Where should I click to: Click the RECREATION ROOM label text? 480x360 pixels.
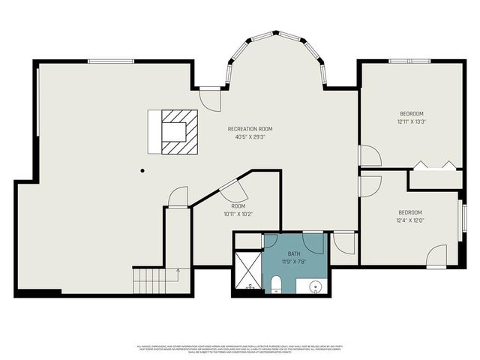pyautogui.click(x=250, y=129)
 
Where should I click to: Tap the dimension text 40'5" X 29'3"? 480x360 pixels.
pyautogui.click(x=250, y=137)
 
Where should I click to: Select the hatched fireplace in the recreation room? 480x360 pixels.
pyautogui.click(x=178, y=131)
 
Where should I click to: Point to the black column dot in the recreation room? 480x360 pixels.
pyautogui.click(x=142, y=170)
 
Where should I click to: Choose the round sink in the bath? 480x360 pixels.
pyautogui.click(x=314, y=286)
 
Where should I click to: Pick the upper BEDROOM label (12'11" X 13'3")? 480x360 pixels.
pyautogui.click(x=410, y=113)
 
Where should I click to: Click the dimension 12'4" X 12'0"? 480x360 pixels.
pyautogui.click(x=410, y=220)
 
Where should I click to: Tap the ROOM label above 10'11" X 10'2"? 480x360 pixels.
pyautogui.click(x=238, y=205)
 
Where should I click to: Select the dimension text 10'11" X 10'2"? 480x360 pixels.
pyautogui.click(x=238, y=214)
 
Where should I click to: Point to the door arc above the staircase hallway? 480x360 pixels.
pyautogui.click(x=178, y=197)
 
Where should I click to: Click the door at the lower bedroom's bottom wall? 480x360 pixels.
pyautogui.click(x=436, y=256)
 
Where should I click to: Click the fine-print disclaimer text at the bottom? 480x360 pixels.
pyautogui.click(x=239, y=349)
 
